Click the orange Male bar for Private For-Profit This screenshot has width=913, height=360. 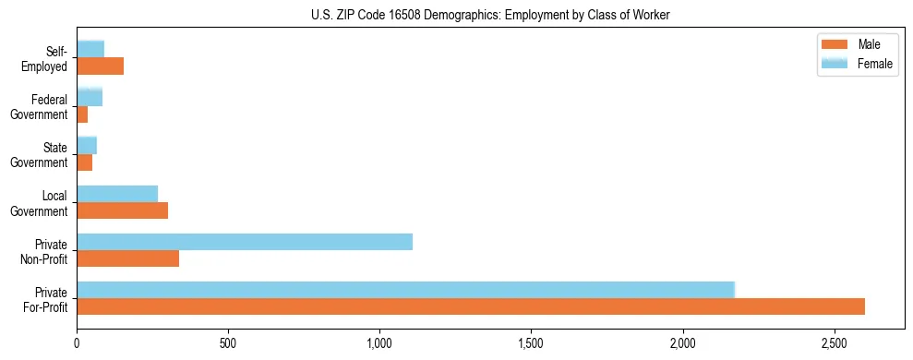pos(471,306)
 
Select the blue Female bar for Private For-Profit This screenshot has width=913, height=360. pos(405,290)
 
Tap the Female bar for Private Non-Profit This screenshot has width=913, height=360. pos(245,242)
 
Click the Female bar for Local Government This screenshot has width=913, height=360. pos(117,194)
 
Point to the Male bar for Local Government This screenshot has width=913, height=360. pos(122,210)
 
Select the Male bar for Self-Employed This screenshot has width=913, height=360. pos(100,66)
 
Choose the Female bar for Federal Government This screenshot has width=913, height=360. pos(90,98)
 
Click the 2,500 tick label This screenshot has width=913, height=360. pos(834,343)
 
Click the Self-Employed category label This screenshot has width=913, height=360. pos(45,59)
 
